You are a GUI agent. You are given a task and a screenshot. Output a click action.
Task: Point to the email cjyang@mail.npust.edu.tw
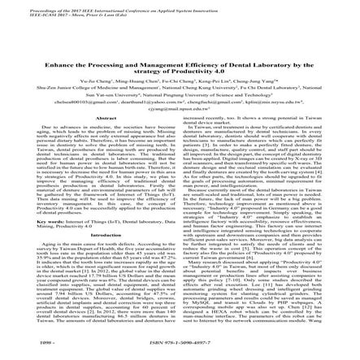(180, 109)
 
